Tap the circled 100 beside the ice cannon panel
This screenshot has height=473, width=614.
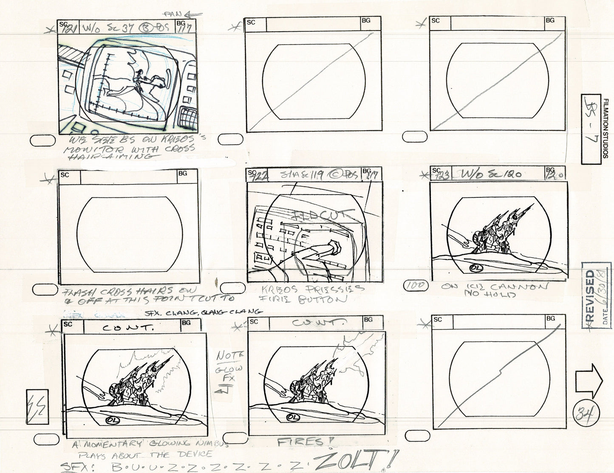416,286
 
